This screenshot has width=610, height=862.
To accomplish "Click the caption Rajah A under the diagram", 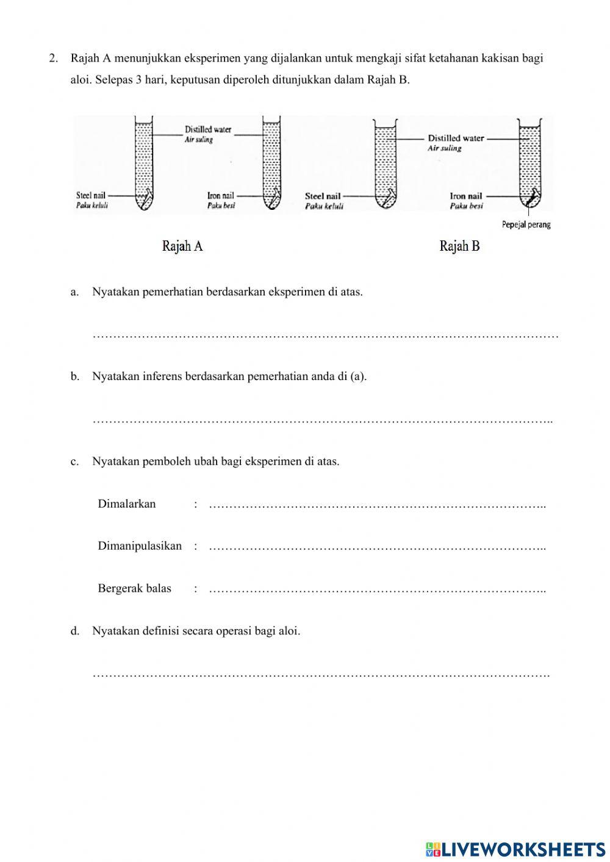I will click(182, 246).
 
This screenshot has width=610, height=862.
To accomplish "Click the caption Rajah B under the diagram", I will click(459, 246).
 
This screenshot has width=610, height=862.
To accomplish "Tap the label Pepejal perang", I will click(526, 224).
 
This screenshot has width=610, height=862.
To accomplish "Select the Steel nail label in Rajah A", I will click(91, 196).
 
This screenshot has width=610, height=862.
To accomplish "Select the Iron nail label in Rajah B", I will click(466, 196).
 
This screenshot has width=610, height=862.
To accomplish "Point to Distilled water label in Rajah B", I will click(456, 138).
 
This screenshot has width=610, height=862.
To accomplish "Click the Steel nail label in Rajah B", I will click(323, 196).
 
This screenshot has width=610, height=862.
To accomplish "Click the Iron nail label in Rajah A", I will click(220, 196).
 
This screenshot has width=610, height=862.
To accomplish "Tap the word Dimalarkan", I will click(127, 504).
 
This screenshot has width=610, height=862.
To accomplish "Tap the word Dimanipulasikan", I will click(140, 546).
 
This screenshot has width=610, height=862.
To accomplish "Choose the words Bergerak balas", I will click(134, 589).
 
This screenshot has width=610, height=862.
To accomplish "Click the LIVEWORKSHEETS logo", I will click(515, 849).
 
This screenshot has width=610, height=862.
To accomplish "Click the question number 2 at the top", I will click(54, 59).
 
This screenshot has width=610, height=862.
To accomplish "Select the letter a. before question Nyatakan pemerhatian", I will click(74, 292).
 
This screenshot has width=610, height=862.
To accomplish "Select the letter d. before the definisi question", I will click(74, 631).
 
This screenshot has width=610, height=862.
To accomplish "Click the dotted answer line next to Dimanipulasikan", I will click(377, 547).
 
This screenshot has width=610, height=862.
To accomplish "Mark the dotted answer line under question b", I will click(322, 421).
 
